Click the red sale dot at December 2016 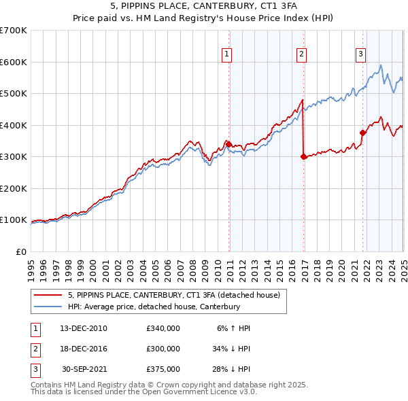303,156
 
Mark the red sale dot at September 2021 362,133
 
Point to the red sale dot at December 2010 229,144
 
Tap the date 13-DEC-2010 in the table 84,328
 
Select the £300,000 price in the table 163,349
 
